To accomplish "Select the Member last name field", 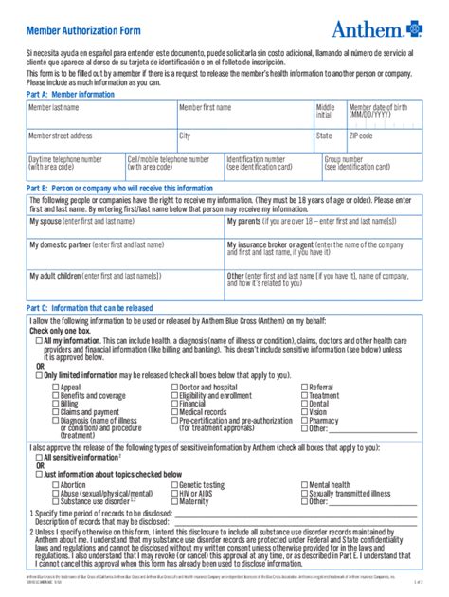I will click(x=101, y=115).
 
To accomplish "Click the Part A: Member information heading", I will click(x=71, y=95).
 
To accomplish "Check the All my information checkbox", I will click(x=38, y=339).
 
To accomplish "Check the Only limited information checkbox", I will click(x=38, y=374).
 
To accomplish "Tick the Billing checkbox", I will click(x=55, y=404).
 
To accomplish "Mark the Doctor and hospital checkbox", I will click(x=174, y=388).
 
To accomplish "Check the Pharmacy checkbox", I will click(x=304, y=420).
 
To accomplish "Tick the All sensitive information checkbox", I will click(x=38, y=456).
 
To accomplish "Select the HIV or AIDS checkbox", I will click(x=174, y=493).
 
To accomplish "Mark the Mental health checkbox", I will click(x=304, y=484).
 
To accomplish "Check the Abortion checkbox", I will click(x=55, y=484).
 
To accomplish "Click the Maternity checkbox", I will click(x=174, y=501).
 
